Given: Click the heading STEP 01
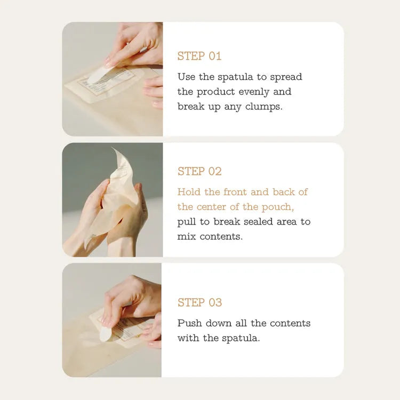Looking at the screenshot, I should (x=199, y=56).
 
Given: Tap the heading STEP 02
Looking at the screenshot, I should (x=199, y=171).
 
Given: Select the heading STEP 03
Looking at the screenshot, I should (x=199, y=302).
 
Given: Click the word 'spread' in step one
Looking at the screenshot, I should (x=286, y=77).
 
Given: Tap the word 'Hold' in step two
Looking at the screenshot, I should (x=189, y=192).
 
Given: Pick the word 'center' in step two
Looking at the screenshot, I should (x=213, y=206).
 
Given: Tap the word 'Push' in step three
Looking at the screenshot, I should (x=189, y=323).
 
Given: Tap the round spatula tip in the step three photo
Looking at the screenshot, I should (x=105, y=333).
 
